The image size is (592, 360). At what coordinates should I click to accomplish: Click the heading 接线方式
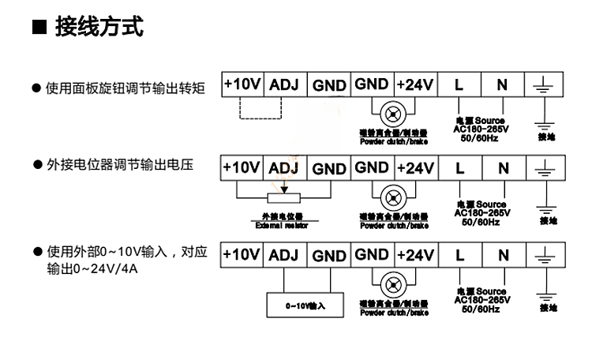tap(99, 28)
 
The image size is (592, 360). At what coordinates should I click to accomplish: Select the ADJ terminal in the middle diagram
tap(284, 168)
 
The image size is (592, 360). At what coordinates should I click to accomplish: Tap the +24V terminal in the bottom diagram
tap(414, 254)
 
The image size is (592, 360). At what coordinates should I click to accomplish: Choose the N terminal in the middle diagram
tap(502, 168)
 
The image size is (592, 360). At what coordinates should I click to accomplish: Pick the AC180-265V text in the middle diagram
tap(481, 212)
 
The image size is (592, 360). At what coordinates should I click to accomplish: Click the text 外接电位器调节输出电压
tap(120, 167)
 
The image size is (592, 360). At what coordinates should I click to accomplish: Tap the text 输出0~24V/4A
tap(88, 271)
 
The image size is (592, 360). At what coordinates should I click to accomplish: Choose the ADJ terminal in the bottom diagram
tap(284, 255)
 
